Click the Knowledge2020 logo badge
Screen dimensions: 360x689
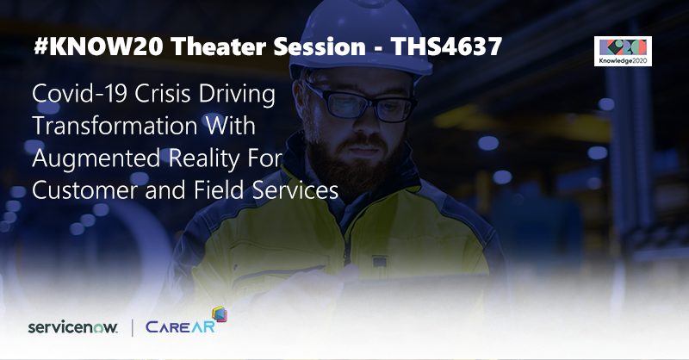623,52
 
